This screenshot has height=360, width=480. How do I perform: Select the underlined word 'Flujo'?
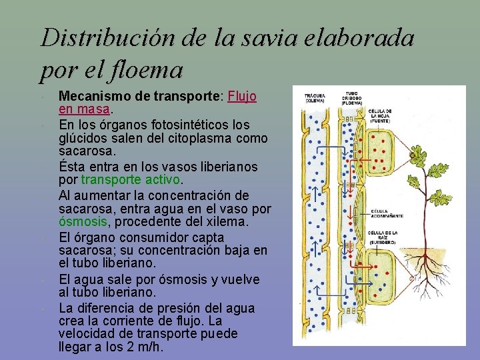click(x=242, y=96)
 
